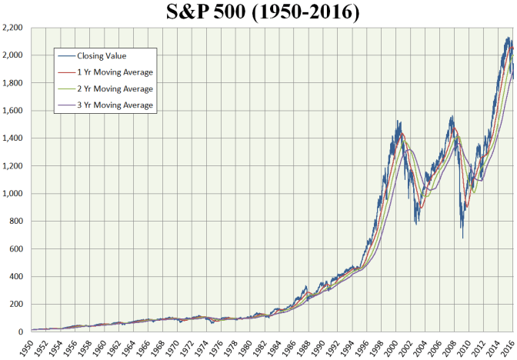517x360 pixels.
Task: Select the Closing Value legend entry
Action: point(102,55)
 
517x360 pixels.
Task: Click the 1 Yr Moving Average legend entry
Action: point(115,72)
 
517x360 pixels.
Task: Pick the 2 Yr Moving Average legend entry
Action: point(115,88)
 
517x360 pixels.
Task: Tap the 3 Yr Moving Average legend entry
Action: point(115,105)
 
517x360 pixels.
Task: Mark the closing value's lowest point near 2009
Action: point(462,238)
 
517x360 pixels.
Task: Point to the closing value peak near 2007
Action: point(452,116)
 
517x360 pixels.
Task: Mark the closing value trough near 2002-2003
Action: point(416,225)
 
